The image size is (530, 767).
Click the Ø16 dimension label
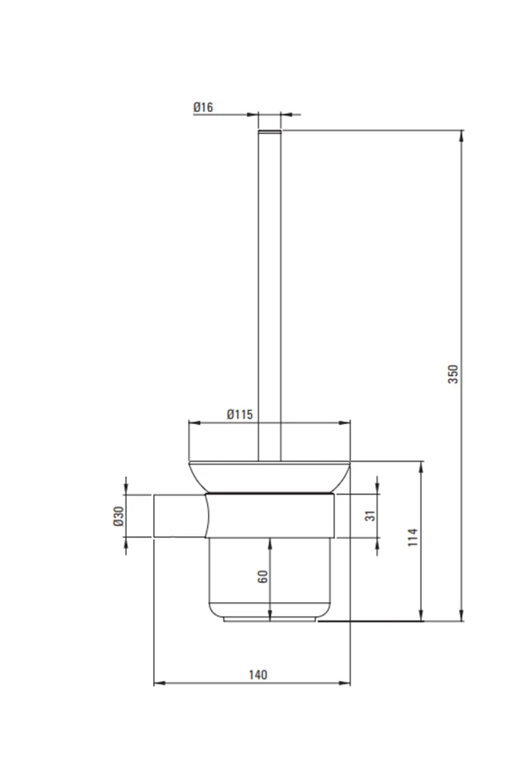pos(203,107)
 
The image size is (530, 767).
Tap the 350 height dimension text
pos(453,374)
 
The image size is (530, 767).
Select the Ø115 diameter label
pos(240,414)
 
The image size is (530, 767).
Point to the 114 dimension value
pos(413,537)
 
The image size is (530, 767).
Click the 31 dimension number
pos(370,515)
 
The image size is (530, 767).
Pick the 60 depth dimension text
pos(263,576)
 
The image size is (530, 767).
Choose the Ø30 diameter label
pos(118,516)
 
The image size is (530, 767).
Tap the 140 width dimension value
pos(258,675)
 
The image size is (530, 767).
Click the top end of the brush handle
pos(270,131)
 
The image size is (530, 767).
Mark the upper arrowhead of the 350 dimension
pos(461,136)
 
